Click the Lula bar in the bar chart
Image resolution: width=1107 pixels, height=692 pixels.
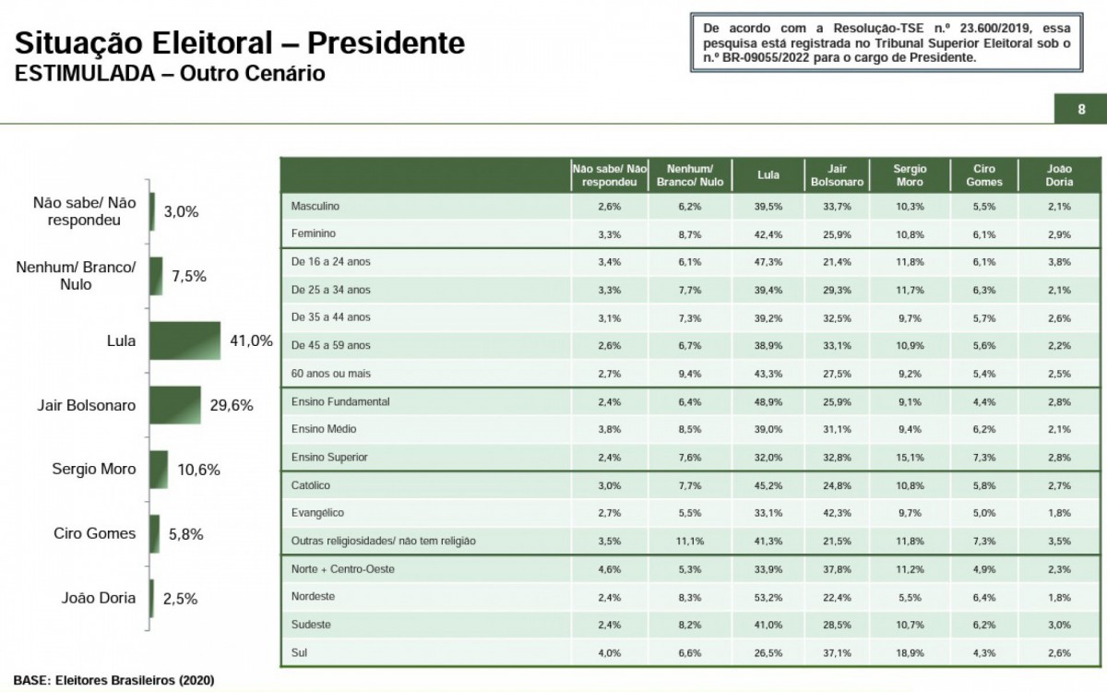[184, 340]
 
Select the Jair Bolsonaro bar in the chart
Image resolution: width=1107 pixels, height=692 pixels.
[174, 405]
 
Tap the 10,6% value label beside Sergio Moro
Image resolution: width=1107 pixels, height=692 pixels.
[198, 470]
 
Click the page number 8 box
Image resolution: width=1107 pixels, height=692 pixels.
[1080, 109]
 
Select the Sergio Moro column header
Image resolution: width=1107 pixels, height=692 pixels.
[910, 175]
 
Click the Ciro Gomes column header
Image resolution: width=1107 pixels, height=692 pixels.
[984, 175]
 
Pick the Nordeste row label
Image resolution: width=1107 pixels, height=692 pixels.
[313, 597]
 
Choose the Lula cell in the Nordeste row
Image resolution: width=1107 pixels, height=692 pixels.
[768, 597]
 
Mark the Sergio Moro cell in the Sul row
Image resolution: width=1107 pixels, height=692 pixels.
[910, 654]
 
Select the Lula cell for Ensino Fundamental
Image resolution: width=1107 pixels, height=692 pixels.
[768, 402]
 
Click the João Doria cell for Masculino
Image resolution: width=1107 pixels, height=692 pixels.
[1059, 207]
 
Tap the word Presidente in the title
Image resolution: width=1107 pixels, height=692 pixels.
[386, 42]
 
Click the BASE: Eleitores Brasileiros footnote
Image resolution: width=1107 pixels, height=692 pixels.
[114, 680]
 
